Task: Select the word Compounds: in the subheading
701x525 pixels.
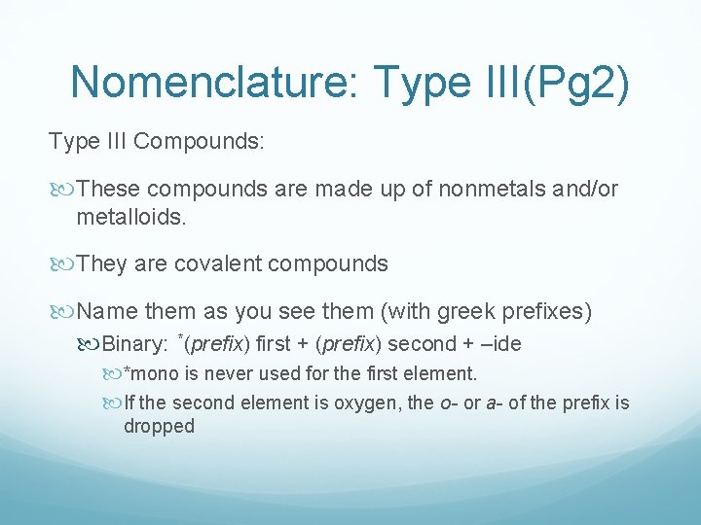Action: point(199,141)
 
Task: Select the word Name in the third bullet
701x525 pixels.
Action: point(107,312)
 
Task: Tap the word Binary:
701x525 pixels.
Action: point(136,343)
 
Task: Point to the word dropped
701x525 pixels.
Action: point(159,426)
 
